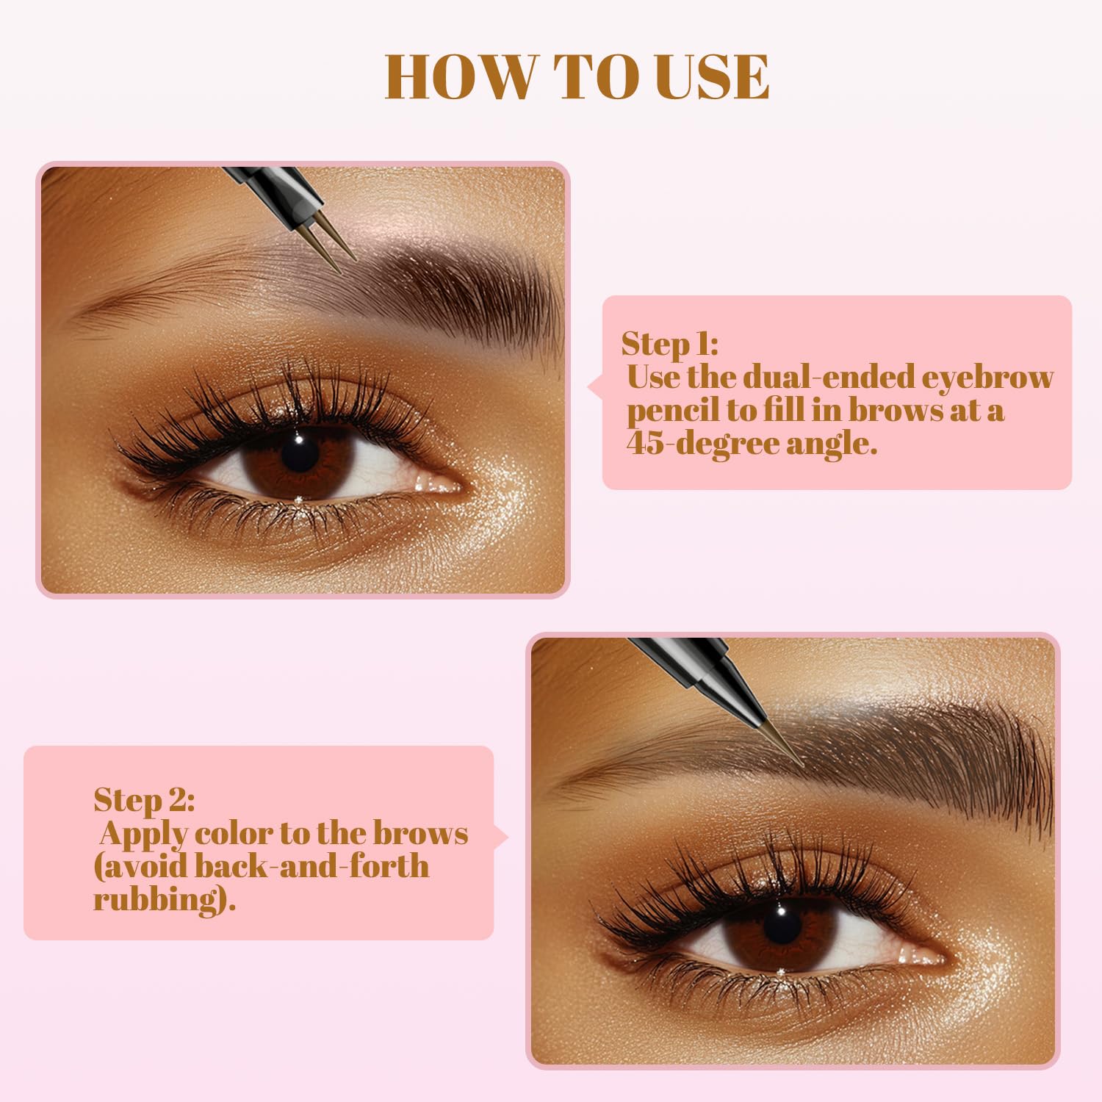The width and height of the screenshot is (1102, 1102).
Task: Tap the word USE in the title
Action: tap(703, 76)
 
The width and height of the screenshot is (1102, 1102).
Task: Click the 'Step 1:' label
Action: tap(670, 344)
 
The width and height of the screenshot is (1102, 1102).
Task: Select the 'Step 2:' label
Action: tap(145, 800)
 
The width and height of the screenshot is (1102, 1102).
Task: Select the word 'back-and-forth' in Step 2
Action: tap(311, 866)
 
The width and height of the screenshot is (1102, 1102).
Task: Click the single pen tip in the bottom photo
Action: tap(782, 738)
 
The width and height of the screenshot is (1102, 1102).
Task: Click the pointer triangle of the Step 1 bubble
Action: tap(595, 387)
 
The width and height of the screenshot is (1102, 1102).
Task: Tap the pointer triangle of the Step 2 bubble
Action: tap(501, 838)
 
